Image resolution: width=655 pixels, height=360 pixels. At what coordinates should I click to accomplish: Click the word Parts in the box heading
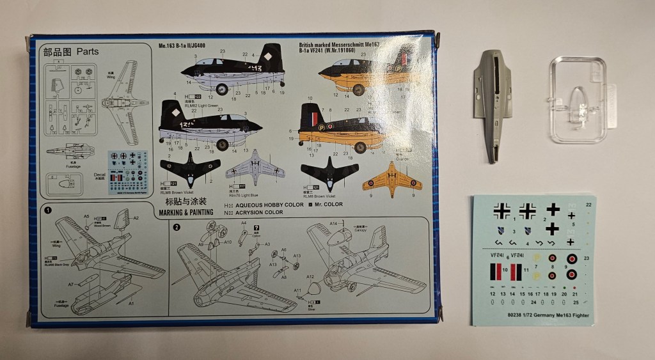click(x=87, y=51)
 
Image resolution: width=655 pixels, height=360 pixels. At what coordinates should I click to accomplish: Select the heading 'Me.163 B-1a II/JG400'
click(x=194, y=46)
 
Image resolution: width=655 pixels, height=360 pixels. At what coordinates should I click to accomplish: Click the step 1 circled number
click(x=47, y=210)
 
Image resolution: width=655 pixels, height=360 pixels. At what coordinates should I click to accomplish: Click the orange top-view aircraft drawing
click(x=392, y=179)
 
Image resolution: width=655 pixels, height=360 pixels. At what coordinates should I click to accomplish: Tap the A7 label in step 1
click(x=72, y=283)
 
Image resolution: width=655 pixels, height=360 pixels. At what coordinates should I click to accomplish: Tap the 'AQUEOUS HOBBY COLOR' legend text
click(x=267, y=205)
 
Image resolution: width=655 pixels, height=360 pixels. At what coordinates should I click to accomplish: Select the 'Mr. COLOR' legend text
click(x=327, y=205)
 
